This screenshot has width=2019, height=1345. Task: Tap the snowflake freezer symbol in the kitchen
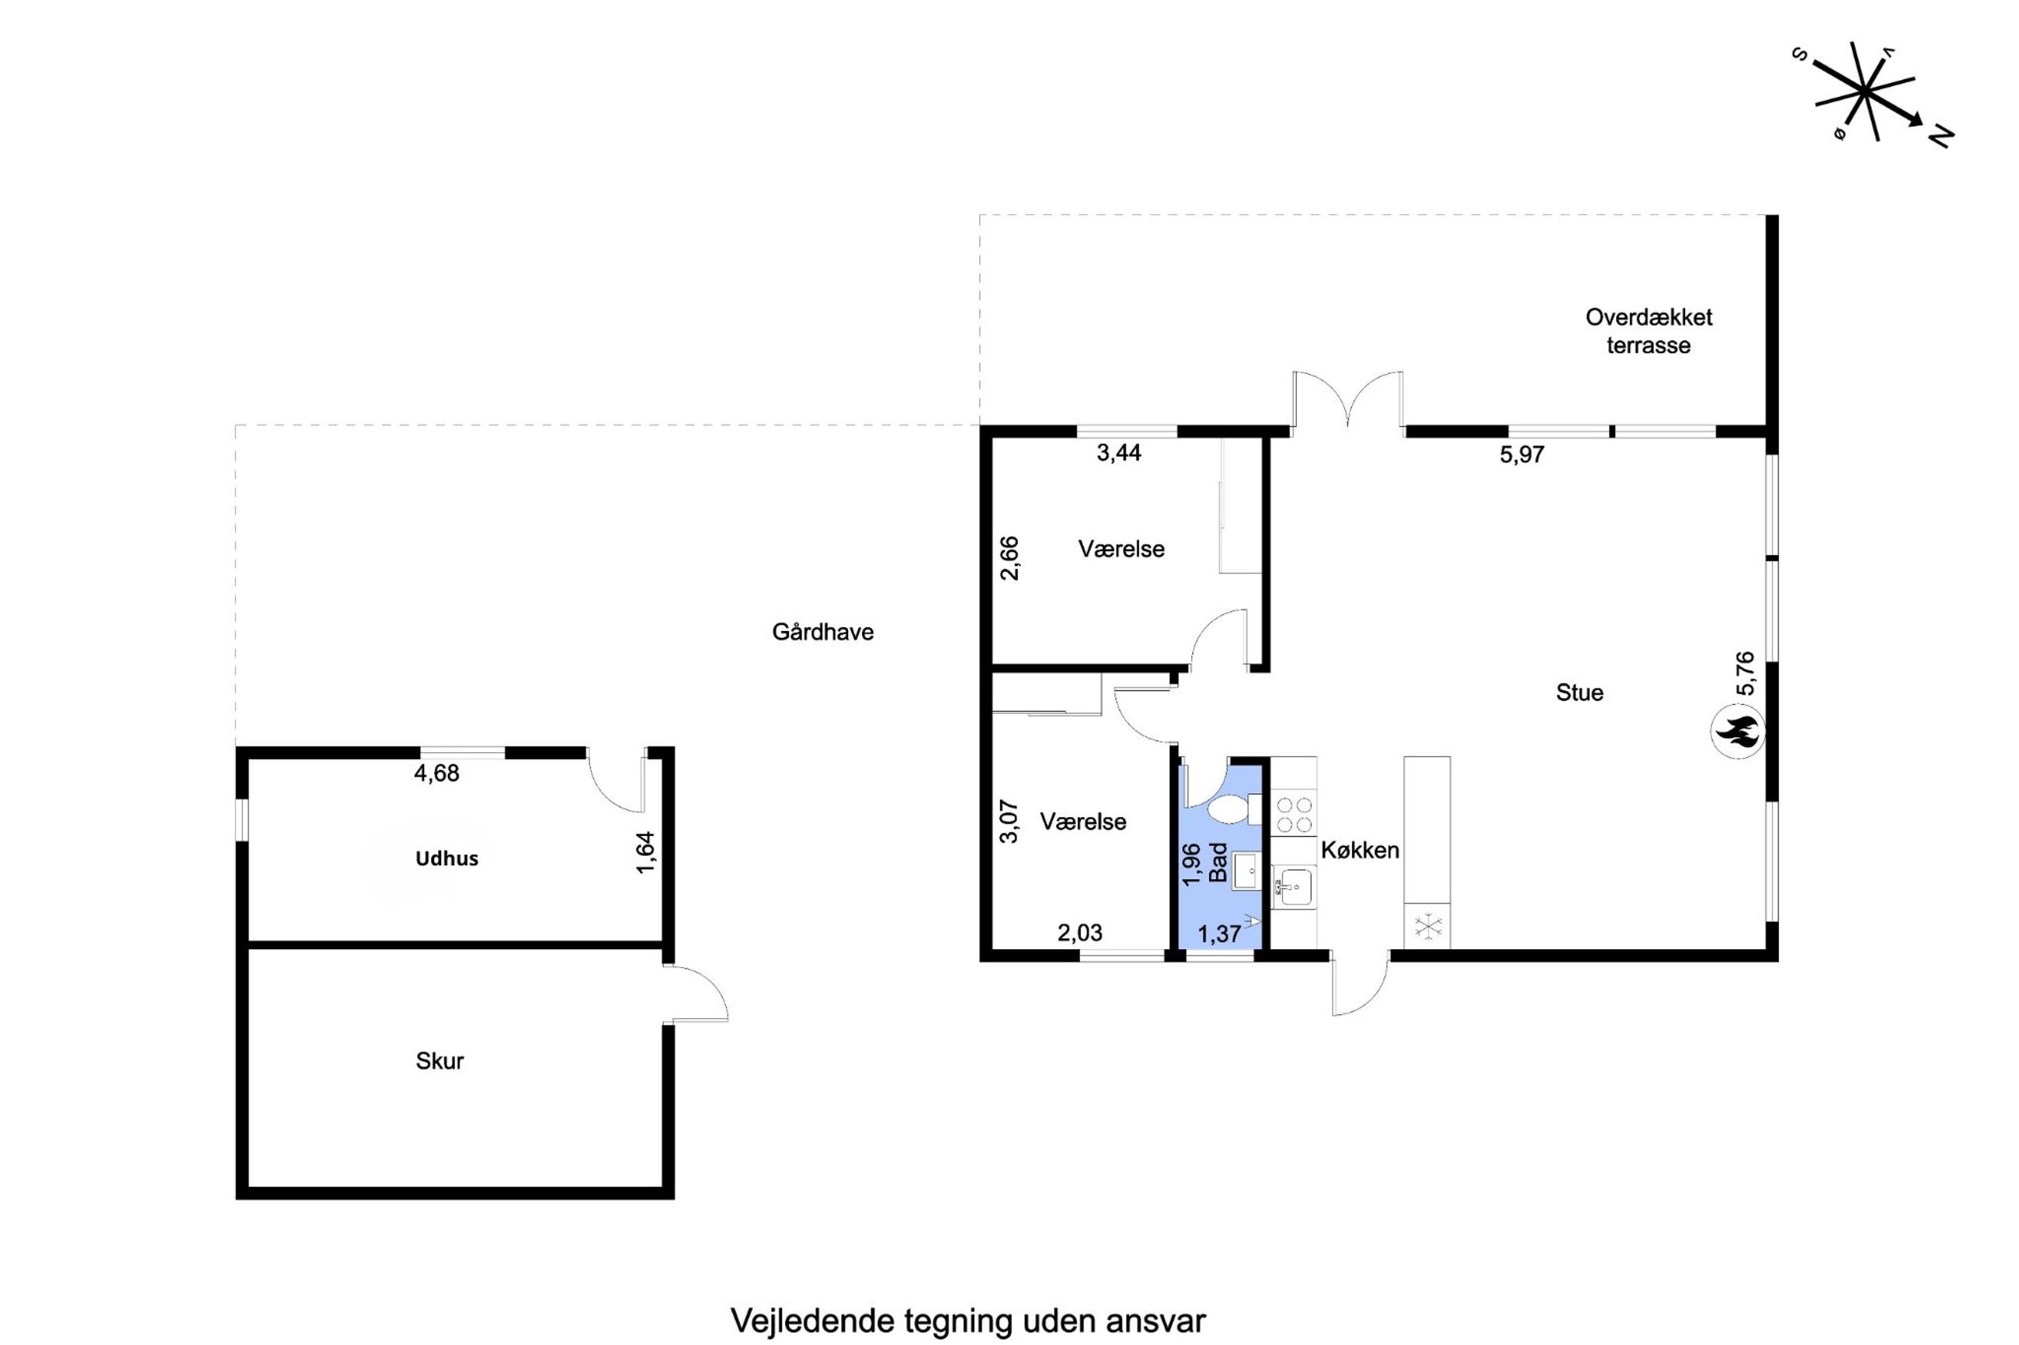point(1428,927)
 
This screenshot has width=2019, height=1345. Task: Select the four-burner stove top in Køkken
point(1294,815)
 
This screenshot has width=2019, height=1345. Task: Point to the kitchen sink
point(1293,887)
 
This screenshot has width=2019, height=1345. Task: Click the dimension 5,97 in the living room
point(1521,455)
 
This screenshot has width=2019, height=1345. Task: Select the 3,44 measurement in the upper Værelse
point(1118,453)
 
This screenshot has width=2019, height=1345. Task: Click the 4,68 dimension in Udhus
point(436,774)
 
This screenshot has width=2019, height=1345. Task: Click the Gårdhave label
point(822,633)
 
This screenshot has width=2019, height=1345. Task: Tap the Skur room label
point(440,1061)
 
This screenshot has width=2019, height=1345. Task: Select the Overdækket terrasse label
point(1648,331)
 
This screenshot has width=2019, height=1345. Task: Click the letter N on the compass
point(1940,137)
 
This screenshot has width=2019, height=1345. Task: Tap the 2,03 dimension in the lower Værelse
point(1079,932)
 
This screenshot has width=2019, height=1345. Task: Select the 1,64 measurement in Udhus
point(645,851)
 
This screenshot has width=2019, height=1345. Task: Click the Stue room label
point(1579,692)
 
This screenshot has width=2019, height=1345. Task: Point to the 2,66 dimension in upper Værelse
point(1010,559)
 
